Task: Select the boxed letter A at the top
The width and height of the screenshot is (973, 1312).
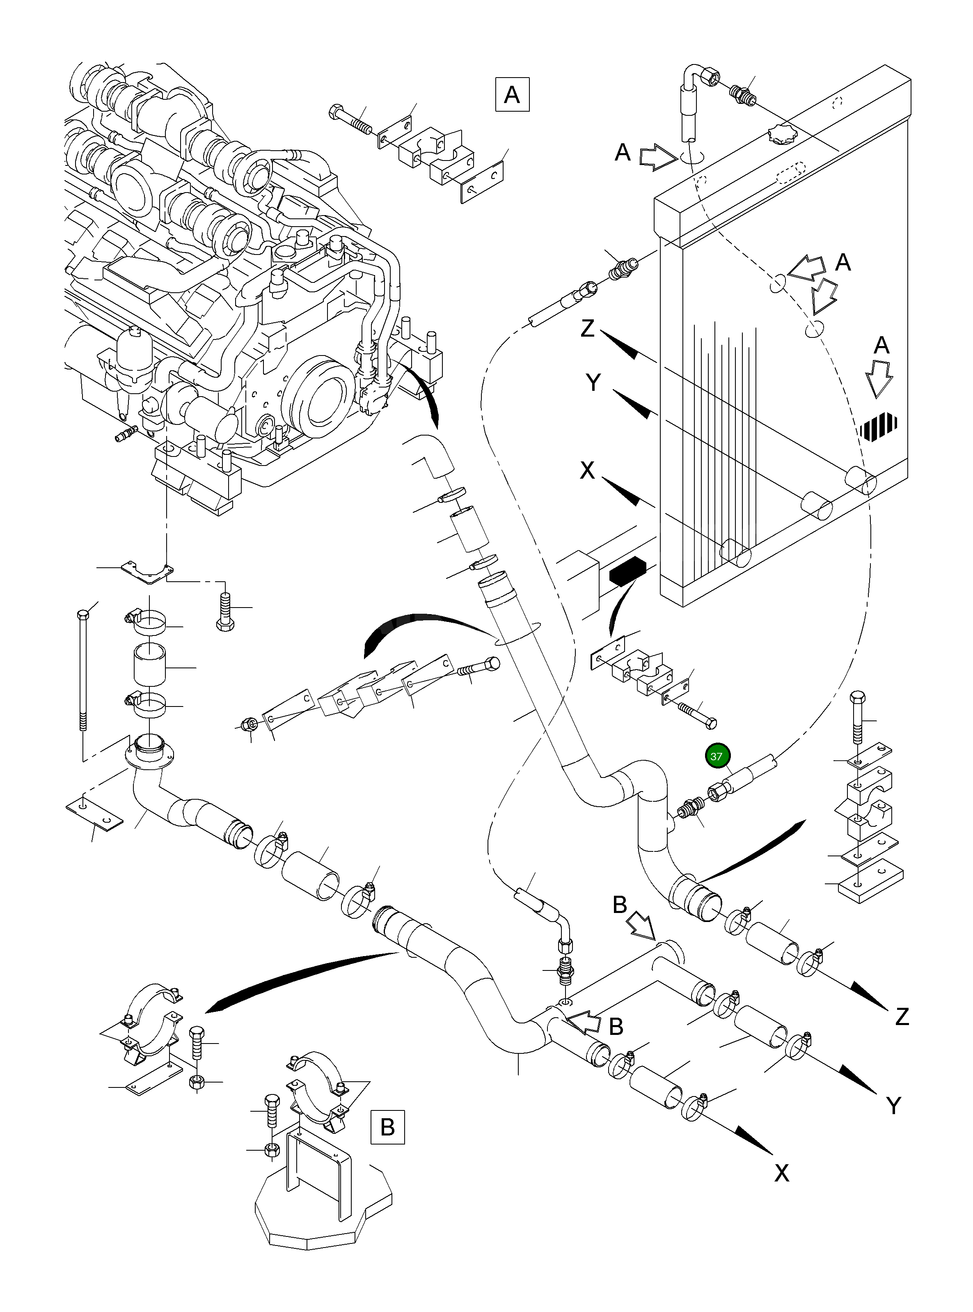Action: click(x=512, y=94)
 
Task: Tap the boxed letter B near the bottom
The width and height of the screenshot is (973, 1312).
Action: click(x=387, y=1127)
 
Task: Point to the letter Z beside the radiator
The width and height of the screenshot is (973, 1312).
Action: click(x=588, y=328)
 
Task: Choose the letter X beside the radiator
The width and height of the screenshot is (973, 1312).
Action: click(x=587, y=470)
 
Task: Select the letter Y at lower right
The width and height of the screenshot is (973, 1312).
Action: click(x=893, y=1106)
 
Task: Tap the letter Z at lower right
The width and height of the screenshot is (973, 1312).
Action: click(x=902, y=1017)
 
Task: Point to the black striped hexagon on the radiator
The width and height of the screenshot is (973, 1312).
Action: click(x=878, y=424)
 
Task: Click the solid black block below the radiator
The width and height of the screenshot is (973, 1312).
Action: click(x=628, y=570)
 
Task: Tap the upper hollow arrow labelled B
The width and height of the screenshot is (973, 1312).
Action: click(x=641, y=929)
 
